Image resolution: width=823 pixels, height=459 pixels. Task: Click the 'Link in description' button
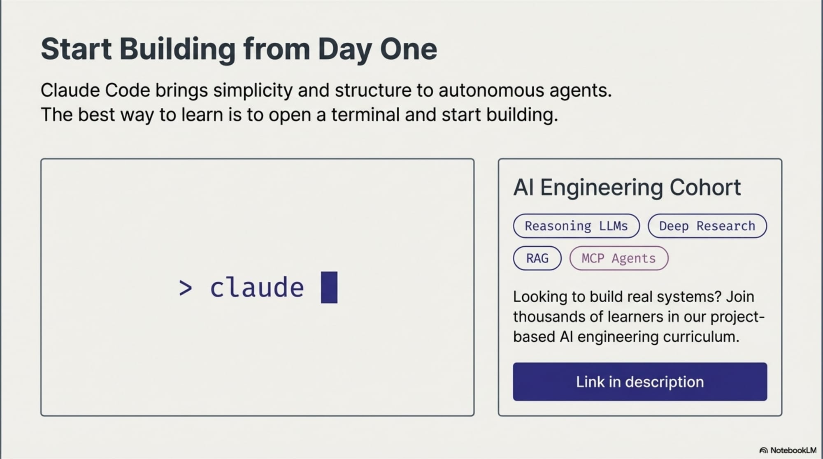pyautogui.click(x=640, y=382)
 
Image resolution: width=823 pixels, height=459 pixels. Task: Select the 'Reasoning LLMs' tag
pyautogui.click(x=576, y=226)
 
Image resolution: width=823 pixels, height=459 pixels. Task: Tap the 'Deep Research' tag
pyautogui.click(x=707, y=226)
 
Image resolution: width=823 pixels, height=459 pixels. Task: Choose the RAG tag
pyautogui.click(x=537, y=258)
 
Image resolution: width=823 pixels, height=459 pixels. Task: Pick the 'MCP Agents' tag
pyautogui.click(x=618, y=258)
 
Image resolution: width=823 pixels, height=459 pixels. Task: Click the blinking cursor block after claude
pyautogui.click(x=329, y=287)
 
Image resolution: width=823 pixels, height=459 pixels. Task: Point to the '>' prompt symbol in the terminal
pyautogui.click(x=186, y=288)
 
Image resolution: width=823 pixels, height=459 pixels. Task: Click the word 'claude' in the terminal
pyautogui.click(x=257, y=287)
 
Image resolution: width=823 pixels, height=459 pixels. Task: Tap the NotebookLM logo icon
pyautogui.click(x=763, y=450)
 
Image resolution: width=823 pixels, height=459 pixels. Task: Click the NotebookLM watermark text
pyautogui.click(x=793, y=450)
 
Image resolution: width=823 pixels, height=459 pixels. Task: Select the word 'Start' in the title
pyautogui.click(x=76, y=49)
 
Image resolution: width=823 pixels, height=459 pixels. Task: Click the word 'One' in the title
pyautogui.click(x=408, y=49)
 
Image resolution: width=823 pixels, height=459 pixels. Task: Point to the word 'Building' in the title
pyautogui.click(x=177, y=49)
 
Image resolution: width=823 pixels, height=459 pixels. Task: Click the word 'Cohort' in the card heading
pyautogui.click(x=705, y=188)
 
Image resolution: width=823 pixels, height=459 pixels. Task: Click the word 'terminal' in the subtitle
pyautogui.click(x=365, y=115)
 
